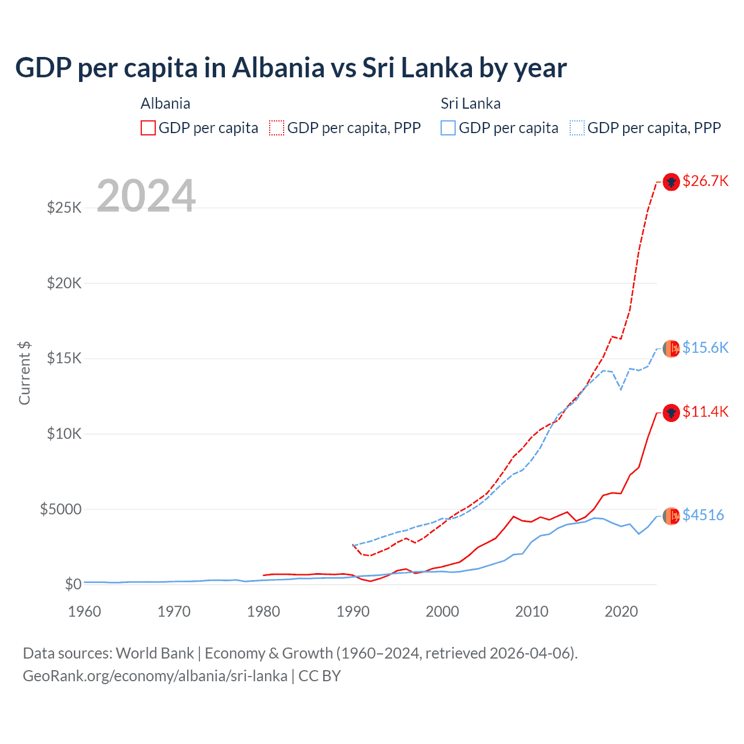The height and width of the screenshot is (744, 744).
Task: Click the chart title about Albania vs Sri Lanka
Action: pos(291,68)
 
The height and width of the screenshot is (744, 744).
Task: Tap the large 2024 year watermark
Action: pos(146,196)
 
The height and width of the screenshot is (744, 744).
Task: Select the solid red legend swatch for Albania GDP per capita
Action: pos(148,128)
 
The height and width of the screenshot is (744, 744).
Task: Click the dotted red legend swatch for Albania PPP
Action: pos(277,128)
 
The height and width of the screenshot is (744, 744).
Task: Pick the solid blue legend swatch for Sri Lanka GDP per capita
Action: pos(448,128)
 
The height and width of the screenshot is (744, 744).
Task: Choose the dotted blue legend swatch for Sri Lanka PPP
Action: pos(577,128)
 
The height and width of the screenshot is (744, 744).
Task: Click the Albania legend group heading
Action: pos(165,103)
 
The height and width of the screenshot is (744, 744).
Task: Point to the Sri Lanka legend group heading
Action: pos(470,103)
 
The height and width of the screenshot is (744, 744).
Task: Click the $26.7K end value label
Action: pos(705,181)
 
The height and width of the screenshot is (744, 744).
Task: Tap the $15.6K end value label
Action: pos(705,348)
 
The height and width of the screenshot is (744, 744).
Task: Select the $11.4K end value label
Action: pos(705,412)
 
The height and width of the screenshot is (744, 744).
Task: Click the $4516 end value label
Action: pos(703,515)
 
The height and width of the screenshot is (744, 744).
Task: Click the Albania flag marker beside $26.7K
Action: pos(671,182)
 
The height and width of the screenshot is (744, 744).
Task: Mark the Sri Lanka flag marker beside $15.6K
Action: pos(671,348)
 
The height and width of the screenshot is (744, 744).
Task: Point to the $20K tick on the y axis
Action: pos(64,283)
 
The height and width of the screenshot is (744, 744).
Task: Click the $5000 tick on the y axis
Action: pos(60,509)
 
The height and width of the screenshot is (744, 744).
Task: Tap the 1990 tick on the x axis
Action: pos(353,611)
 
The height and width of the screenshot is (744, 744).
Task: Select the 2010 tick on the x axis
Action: pos(532,611)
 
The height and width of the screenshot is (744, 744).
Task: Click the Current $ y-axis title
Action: pos(24,373)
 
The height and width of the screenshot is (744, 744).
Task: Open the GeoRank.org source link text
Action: pos(155,676)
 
